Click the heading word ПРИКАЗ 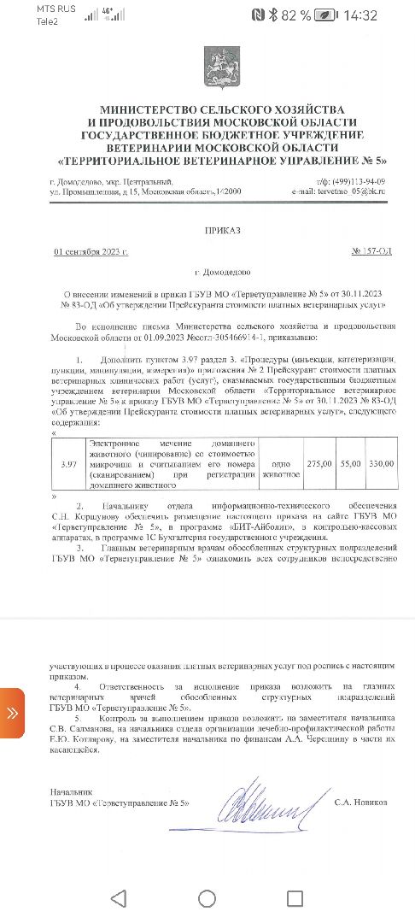[x=224, y=231]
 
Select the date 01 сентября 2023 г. [x=91, y=253]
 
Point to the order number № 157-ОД [x=371, y=253]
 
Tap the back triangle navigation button [x=119, y=898]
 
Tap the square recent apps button [x=294, y=898]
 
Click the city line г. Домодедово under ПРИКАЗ [x=222, y=272]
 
